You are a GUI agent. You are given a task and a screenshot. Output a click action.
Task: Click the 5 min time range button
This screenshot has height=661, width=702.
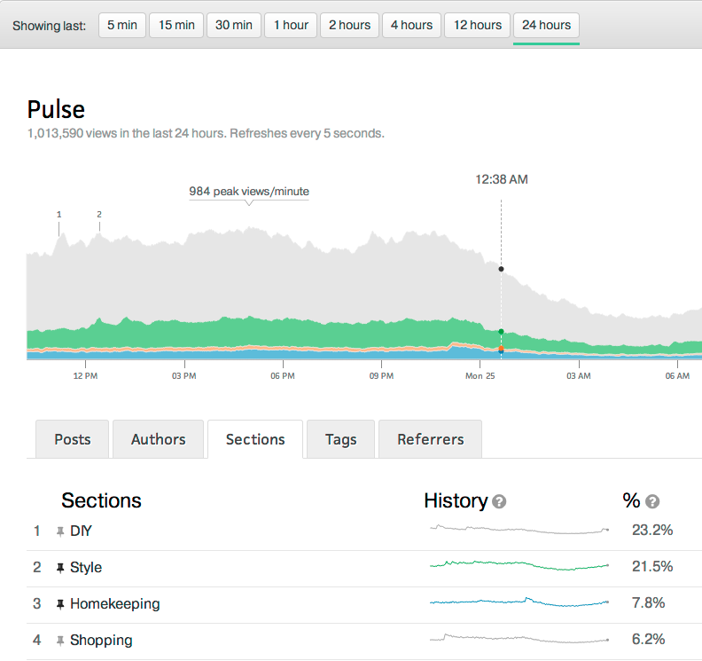(122, 25)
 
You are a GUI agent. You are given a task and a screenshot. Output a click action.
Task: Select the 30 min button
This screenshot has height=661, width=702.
(234, 25)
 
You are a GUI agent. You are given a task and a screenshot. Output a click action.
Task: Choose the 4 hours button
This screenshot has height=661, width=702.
(412, 25)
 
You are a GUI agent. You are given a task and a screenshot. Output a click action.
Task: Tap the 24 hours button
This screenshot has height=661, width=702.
(546, 25)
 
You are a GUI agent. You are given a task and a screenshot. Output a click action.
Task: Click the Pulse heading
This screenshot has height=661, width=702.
(56, 109)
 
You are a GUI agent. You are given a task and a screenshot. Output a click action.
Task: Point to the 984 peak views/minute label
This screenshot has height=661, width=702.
(249, 191)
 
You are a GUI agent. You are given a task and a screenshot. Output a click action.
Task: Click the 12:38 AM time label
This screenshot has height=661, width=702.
(502, 179)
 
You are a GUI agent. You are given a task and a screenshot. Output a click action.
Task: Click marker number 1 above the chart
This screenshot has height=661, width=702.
(59, 214)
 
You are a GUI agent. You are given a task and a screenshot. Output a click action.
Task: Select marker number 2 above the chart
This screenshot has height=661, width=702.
(99, 214)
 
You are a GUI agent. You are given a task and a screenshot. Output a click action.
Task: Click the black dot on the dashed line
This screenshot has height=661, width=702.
(502, 269)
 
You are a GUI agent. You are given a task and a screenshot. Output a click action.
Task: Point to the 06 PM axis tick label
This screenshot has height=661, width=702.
(283, 376)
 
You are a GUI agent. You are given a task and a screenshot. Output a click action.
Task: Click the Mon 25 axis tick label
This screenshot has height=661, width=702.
(480, 376)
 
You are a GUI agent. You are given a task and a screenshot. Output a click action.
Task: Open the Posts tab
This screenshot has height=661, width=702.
(73, 439)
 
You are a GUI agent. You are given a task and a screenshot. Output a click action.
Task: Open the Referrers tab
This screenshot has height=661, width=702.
(431, 439)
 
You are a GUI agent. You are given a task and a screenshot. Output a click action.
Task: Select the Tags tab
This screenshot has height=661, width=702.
(341, 439)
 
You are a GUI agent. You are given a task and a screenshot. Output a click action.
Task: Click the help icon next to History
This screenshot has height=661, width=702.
(499, 502)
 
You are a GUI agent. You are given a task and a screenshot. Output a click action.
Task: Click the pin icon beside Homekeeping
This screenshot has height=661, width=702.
(60, 604)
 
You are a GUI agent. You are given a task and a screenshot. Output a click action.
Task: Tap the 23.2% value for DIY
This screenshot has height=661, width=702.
(652, 531)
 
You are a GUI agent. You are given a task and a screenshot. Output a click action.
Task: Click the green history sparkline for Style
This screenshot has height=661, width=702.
(519, 565)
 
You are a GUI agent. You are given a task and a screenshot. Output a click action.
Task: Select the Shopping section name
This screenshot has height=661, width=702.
(101, 640)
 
